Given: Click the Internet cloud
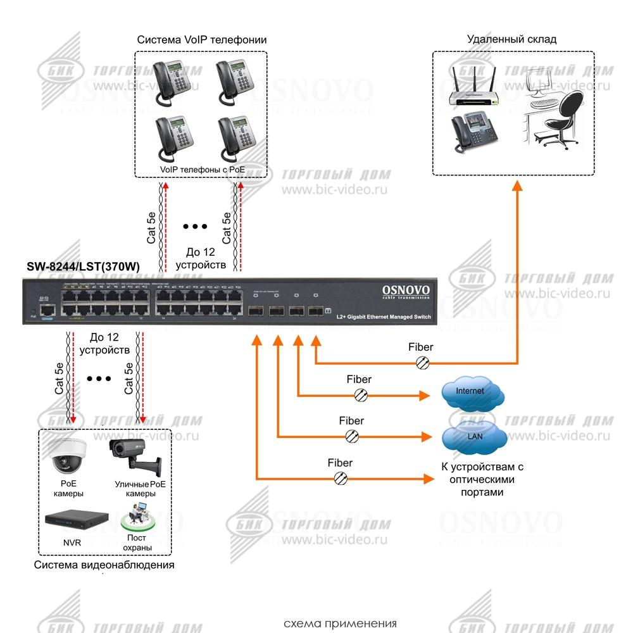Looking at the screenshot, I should pyautogui.click(x=472, y=393).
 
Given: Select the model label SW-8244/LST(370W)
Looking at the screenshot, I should pyautogui.click(x=83, y=267).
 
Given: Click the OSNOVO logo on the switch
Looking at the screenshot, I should pyautogui.click(x=406, y=291).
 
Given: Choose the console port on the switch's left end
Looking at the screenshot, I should pyautogui.click(x=47, y=310).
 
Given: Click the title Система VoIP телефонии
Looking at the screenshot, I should pyautogui.click(x=201, y=40).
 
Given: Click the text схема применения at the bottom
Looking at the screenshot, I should pyautogui.click(x=340, y=623).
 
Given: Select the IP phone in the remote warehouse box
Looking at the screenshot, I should pyautogui.click(x=467, y=132).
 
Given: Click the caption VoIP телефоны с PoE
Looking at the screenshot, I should pyautogui.click(x=201, y=170).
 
